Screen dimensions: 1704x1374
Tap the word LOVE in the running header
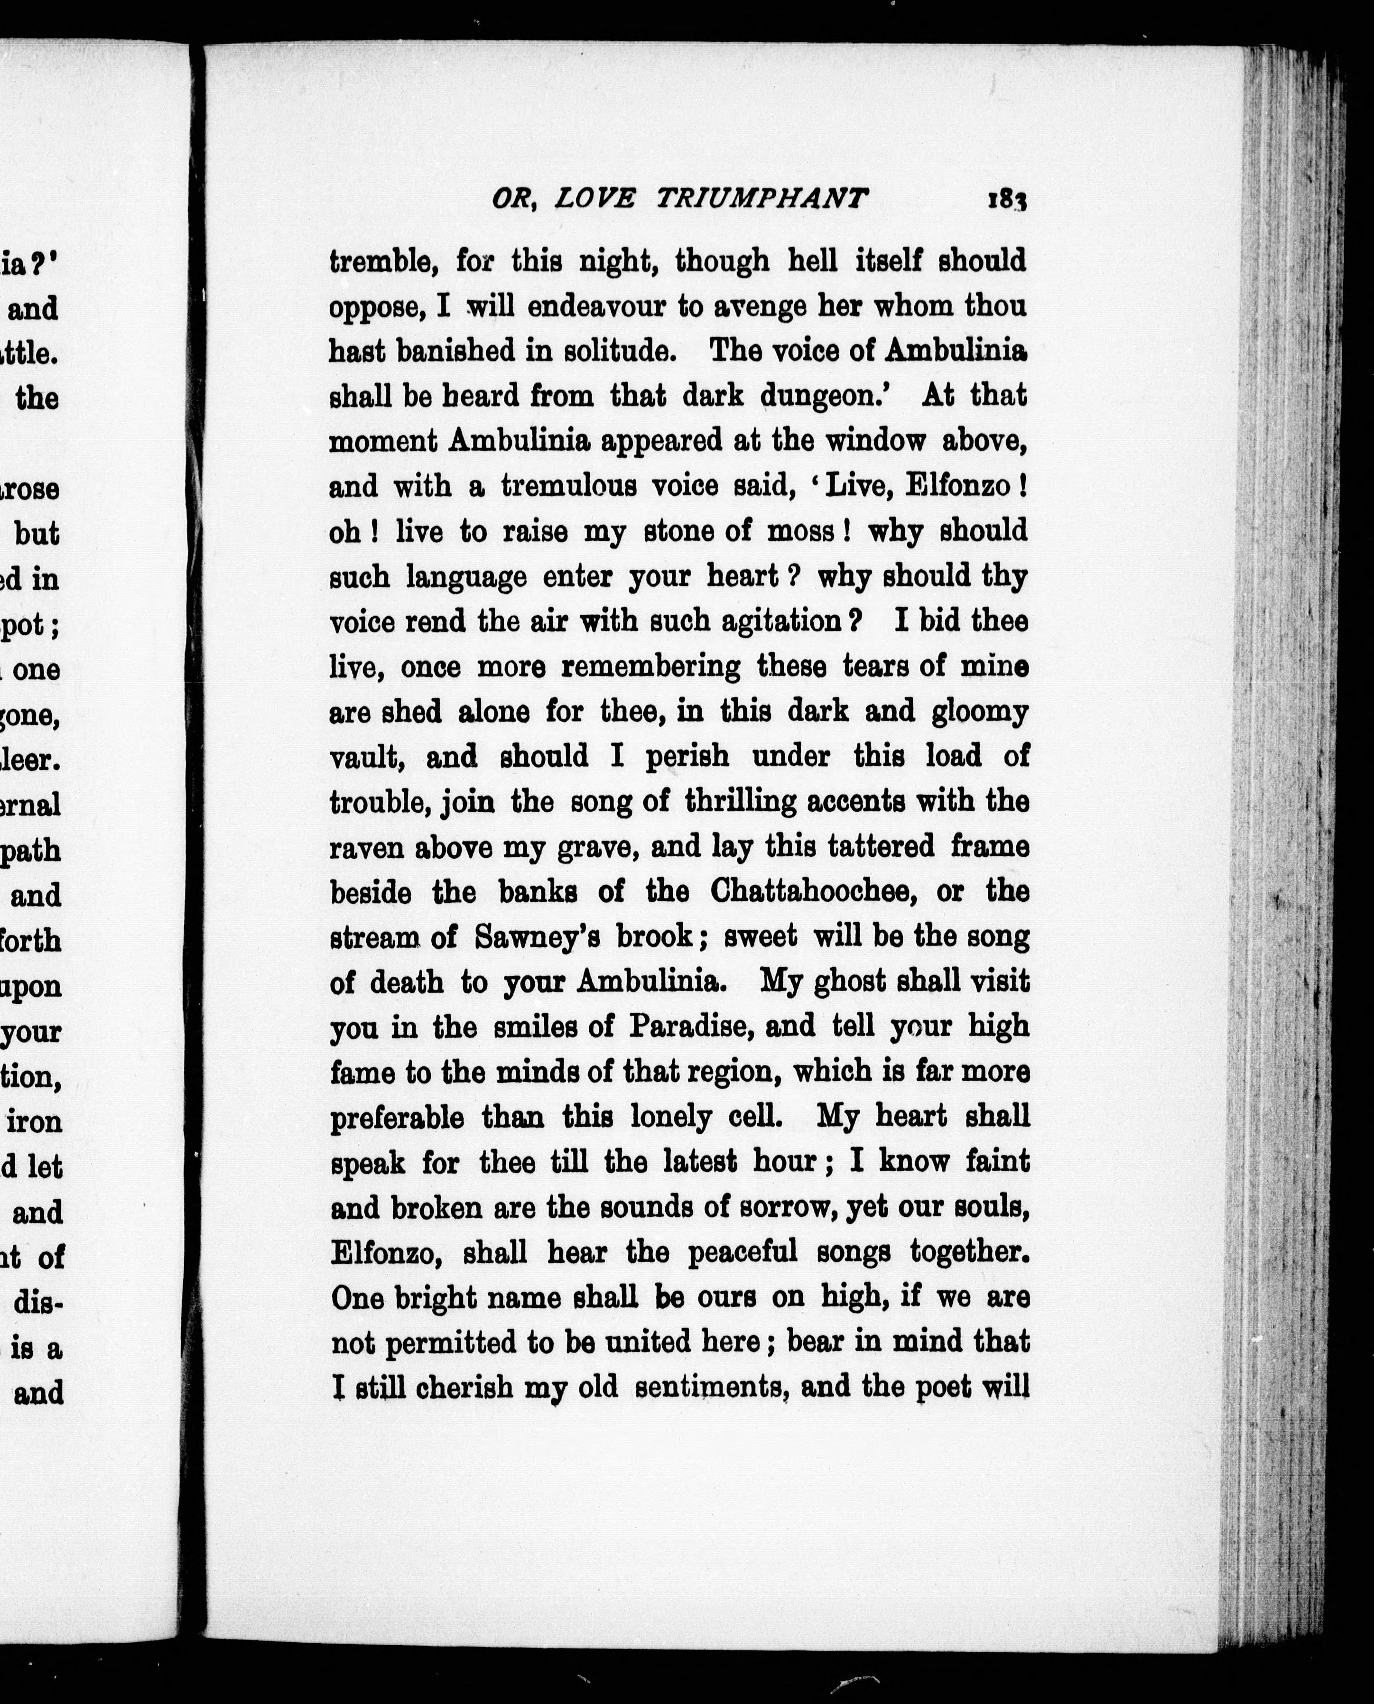click(x=594, y=199)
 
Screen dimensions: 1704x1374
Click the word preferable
click(x=397, y=1118)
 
